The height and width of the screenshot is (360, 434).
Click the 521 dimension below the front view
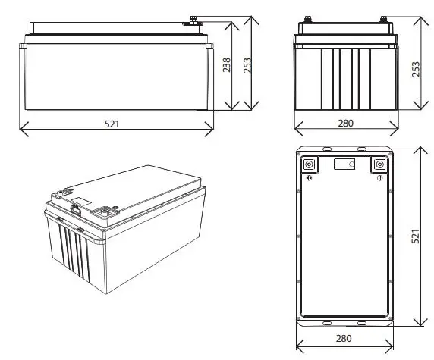tap(113, 123)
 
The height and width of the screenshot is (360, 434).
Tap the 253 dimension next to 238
tap(247, 66)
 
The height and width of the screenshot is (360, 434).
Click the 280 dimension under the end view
tap(346, 123)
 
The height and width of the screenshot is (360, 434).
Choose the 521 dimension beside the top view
tap(414, 237)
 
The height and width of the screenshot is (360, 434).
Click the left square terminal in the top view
tap(310, 165)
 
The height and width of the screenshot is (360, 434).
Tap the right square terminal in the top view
tap(379, 165)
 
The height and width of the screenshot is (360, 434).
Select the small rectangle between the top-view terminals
tap(344, 164)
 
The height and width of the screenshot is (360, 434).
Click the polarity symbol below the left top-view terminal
tap(310, 179)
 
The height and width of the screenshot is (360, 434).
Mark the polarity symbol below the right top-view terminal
tap(379, 179)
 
